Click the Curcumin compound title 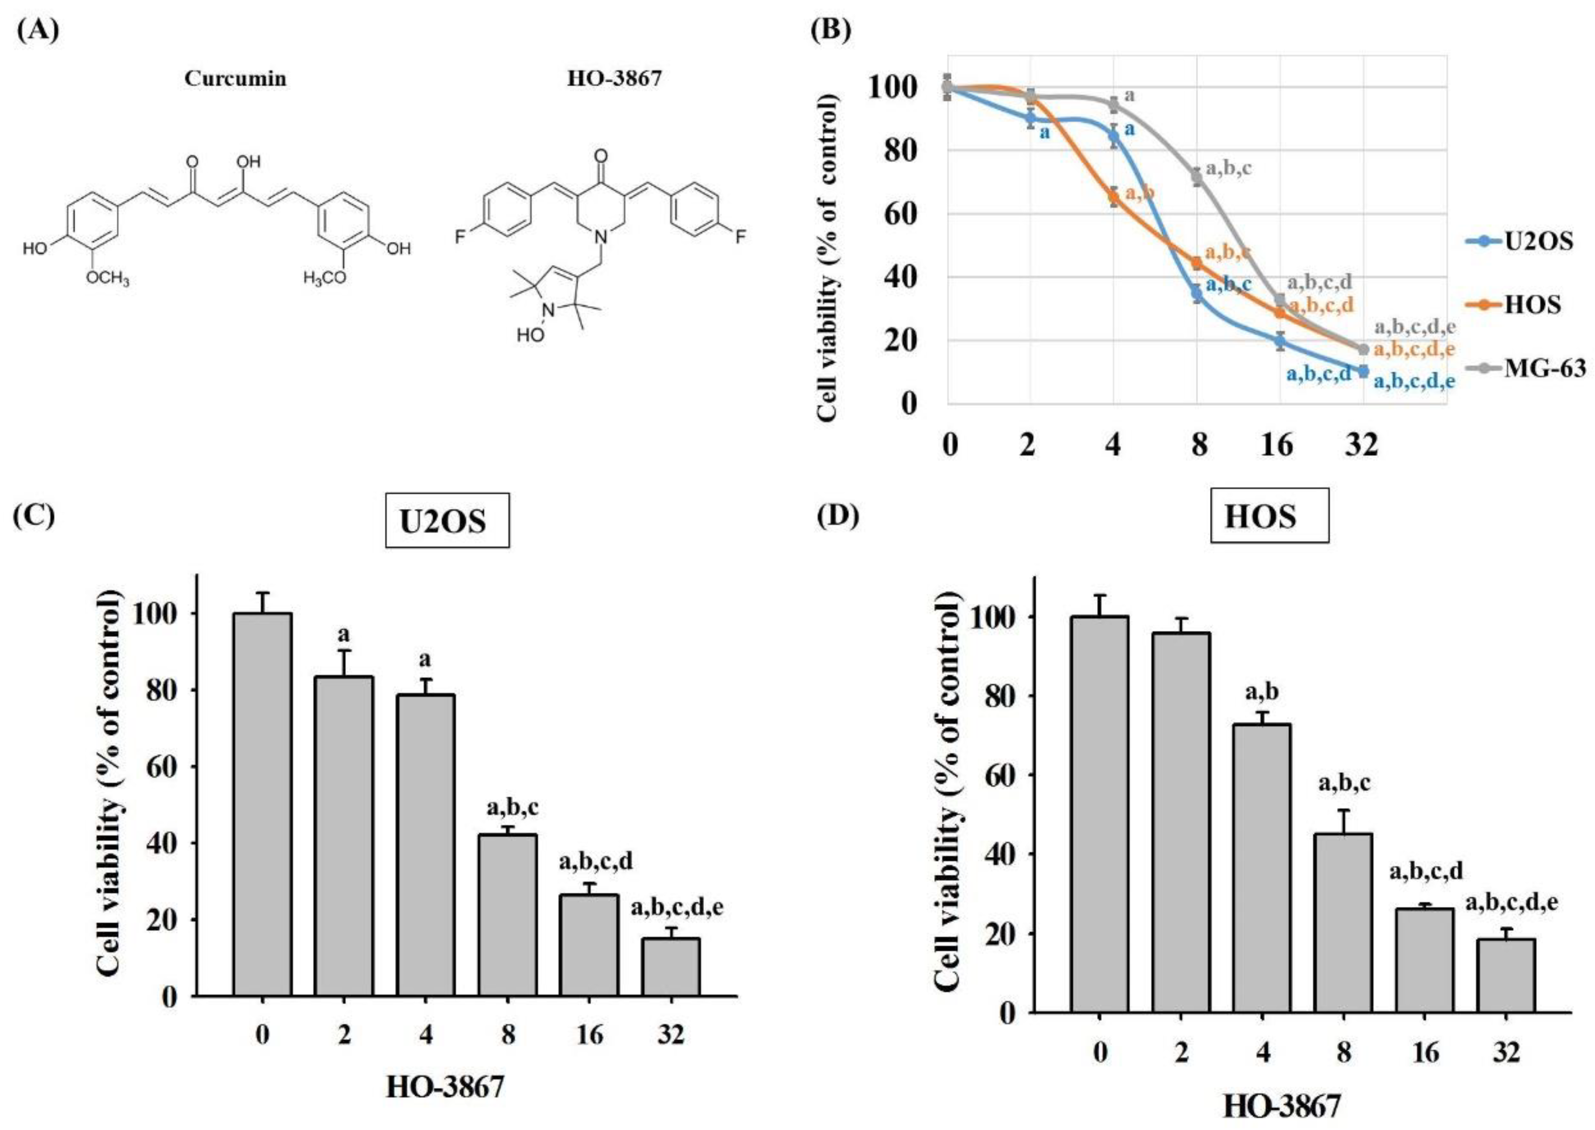coord(235,79)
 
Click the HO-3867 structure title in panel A coord(614,78)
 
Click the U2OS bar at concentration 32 coord(671,967)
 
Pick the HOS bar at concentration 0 coord(1100,814)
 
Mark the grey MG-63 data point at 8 coord(1196,178)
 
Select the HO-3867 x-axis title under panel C coord(445,1087)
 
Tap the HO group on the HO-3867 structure coord(530,335)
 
